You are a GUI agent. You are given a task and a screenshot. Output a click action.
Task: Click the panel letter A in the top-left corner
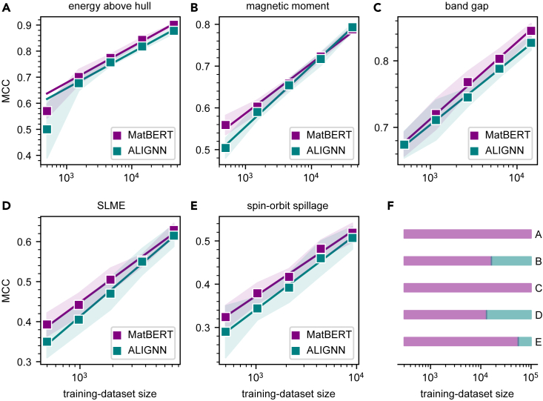(5, 7)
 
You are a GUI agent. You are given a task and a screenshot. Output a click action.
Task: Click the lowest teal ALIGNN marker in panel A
(47, 129)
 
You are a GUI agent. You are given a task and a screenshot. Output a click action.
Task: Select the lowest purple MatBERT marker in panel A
(47, 111)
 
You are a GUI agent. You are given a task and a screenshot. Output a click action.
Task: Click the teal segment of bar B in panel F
(511, 261)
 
